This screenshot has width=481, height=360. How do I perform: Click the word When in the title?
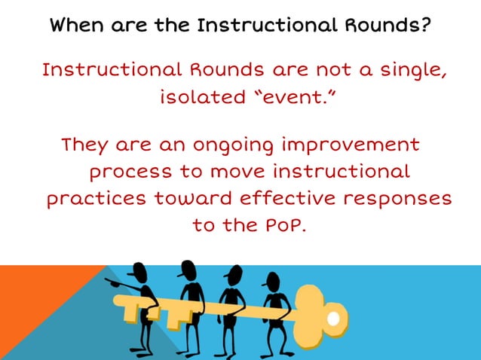pos(73,26)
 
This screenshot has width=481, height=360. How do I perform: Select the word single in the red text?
pos(409,71)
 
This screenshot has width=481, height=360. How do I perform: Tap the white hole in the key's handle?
pos(332,319)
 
